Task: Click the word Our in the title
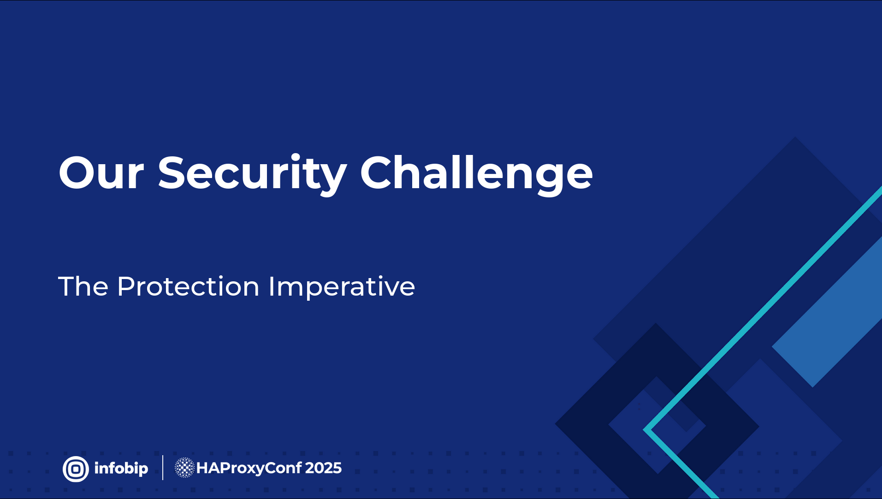click(x=101, y=173)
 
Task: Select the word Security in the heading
click(x=252, y=174)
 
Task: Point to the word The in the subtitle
click(x=83, y=286)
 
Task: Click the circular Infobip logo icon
click(x=76, y=469)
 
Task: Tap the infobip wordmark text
click(x=121, y=469)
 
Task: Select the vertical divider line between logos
click(x=163, y=468)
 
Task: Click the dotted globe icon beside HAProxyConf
click(x=184, y=468)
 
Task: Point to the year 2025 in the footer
click(x=323, y=468)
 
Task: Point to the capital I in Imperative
click(x=271, y=286)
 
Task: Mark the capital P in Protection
click(x=126, y=286)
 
